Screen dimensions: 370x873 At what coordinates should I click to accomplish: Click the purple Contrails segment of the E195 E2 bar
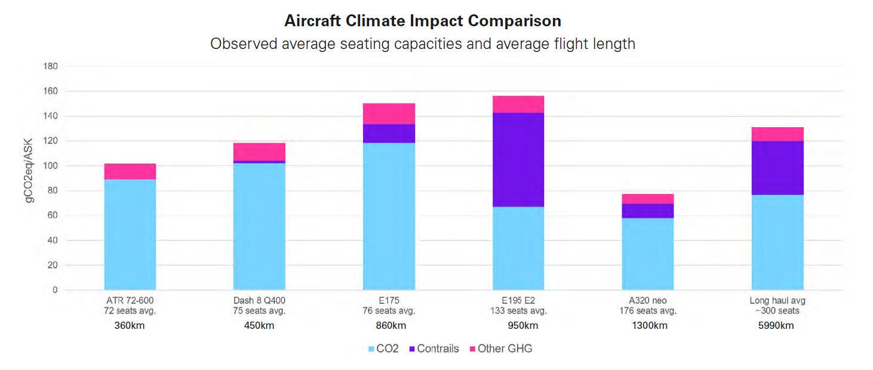pyautogui.click(x=518, y=159)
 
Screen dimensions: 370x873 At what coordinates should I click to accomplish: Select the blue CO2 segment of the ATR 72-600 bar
pyautogui.click(x=130, y=234)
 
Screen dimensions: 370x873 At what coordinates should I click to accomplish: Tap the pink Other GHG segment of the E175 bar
pyautogui.click(x=389, y=113)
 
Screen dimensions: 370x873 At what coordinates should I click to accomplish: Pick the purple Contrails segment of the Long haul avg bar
pyautogui.click(x=777, y=168)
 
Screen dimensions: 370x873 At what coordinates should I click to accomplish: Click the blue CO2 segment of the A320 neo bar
pyautogui.click(x=647, y=254)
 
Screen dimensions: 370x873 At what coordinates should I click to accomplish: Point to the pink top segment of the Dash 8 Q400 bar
pyautogui.click(x=259, y=152)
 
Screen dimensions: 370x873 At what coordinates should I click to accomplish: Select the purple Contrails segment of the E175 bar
pyautogui.click(x=389, y=134)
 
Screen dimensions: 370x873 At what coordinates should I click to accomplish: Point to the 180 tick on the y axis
pyautogui.click(x=51, y=66)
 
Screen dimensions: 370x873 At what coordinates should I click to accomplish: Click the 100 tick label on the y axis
pyautogui.click(x=51, y=166)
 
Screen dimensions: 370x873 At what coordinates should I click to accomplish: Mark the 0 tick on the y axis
pyautogui.click(x=55, y=290)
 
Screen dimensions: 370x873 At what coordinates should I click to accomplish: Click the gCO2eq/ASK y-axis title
pyautogui.click(x=30, y=171)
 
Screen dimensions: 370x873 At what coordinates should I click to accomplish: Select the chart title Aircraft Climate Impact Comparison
pyautogui.click(x=423, y=21)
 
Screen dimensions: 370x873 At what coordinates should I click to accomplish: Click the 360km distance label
pyautogui.click(x=130, y=326)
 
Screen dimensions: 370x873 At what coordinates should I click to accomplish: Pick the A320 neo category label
pyautogui.click(x=647, y=301)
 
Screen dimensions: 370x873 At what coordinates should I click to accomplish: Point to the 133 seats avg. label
pyautogui.click(x=518, y=311)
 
